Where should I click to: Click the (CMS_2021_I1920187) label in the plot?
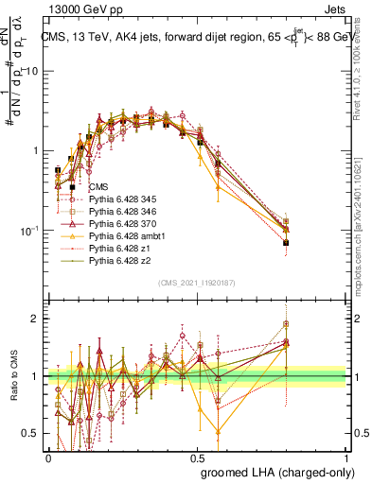coord(197,282)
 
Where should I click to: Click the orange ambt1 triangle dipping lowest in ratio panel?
coord(219,432)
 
